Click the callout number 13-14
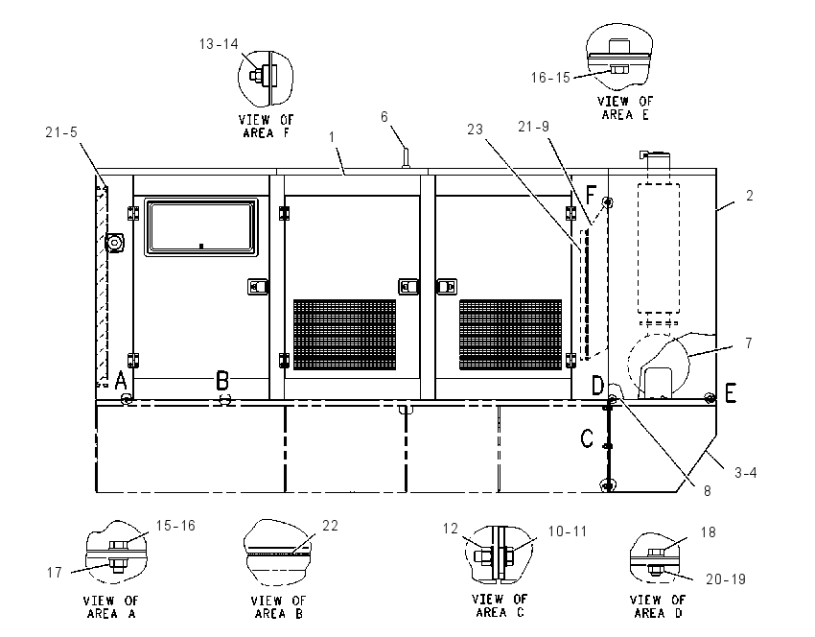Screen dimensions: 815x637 click(x=219, y=44)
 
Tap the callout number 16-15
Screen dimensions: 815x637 click(x=550, y=78)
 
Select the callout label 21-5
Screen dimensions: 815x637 click(x=61, y=132)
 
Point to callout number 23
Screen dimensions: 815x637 click(x=475, y=129)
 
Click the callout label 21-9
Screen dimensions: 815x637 click(x=533, y=127)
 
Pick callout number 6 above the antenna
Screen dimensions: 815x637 click(x=384, y=116)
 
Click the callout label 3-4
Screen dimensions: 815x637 click(x=745, y=473)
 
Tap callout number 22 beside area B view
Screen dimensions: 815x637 click(x=331, y=526)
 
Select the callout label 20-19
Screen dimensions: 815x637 click(x=726, y=579)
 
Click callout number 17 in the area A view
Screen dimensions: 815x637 click(x=55, y=573)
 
